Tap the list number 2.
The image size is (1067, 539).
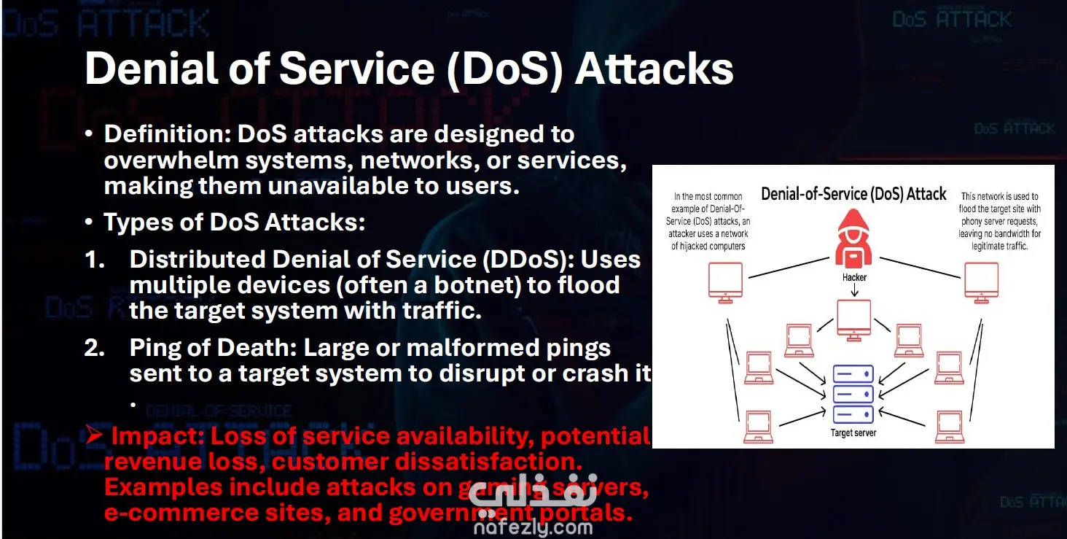tap(95, 348)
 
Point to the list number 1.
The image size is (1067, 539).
tap(95, 259)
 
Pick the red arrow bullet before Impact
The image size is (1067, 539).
tap(93, 435)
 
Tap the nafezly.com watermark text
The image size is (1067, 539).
tap(533, 527)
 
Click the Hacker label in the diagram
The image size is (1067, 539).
tap(853, 278)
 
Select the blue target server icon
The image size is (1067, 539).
tap(853, 394)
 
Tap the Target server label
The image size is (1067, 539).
tap(853, 433)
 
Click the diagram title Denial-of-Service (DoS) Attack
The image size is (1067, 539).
tap(853, 194)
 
